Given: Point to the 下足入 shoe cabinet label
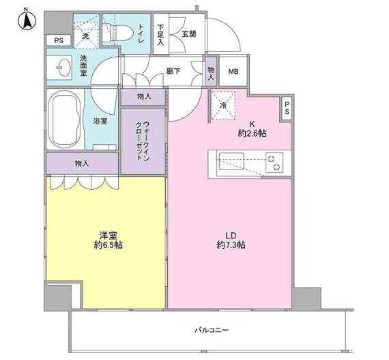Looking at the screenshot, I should point(160,35).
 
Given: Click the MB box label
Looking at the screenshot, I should point(233,72).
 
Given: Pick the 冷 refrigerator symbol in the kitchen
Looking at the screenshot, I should point(223,105).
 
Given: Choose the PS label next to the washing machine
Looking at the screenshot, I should point(59,40).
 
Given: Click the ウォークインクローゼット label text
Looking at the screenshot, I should point(143,141).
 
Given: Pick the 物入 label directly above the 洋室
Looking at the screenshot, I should point(82,164).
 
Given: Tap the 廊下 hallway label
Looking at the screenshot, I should point(173,71).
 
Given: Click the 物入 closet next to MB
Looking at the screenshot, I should point(211,71).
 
